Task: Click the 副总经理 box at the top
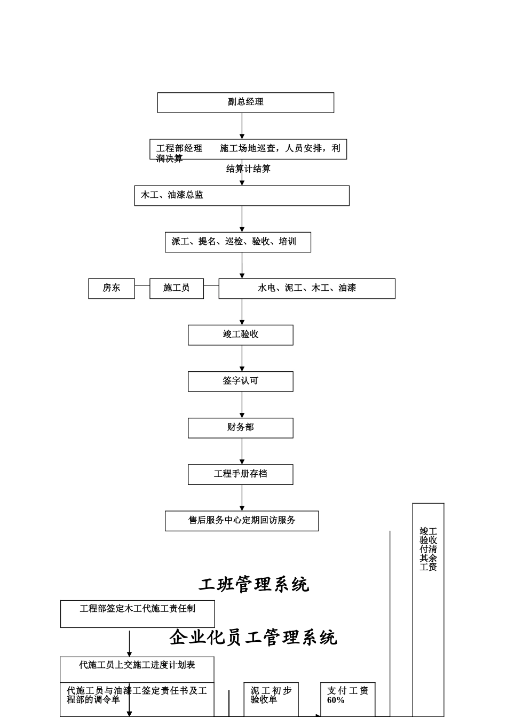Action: click(x=245, y=102)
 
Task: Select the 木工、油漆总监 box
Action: click(x=242, y=195)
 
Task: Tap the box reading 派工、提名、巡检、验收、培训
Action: click(x=237, y=242)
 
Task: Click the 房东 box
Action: click(x=112, y=288)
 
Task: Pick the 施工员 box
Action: click(x=176, y=288)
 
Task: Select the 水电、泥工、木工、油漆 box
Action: click(x=307, y=288)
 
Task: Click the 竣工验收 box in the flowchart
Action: click(x=240, y=334)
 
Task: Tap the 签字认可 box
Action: click(x=240, y=381)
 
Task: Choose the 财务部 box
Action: click(x=240, y=428)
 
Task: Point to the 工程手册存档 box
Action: click(x=240, y=474)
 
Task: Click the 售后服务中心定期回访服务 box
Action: click(x=242, y=521)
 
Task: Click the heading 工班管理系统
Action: click(x=254, y=585)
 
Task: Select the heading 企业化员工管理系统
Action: click(x=253, y=638)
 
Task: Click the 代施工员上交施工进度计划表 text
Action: click(x=137, y=665)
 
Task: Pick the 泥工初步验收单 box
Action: click(x=271, y=695)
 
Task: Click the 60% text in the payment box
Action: click(x=336, y=700)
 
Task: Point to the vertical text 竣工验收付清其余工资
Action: click(x=428, y=549)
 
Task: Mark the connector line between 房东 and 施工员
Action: click(x=142, y=285)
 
